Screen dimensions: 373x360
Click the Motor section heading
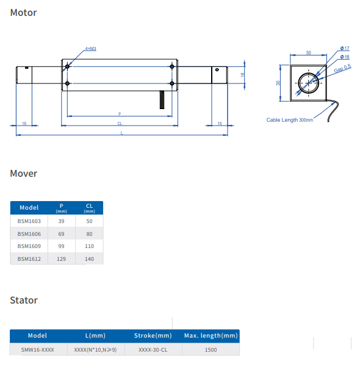(x=23, y=13)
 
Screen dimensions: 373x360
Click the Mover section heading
(x=24, y=174)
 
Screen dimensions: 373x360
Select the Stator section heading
(x=24, y=300)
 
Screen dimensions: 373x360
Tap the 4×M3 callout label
(x=90, y=48)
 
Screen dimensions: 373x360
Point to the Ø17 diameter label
(x=345, y=48)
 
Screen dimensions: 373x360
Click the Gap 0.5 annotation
(x=342, y=68)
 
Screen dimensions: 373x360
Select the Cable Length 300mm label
(x=289, y=120)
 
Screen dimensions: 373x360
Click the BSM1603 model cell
(x=29, y=221)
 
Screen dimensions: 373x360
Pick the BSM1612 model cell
(x=29, y=258)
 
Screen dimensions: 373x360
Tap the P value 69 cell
(x=61, y=233)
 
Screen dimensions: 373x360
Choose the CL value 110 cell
(x=89, y=246)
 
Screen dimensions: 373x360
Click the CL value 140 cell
(x=89, y=258)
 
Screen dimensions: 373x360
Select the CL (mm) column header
(x=89, y=208)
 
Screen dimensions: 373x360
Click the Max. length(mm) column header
(x=211, y=336)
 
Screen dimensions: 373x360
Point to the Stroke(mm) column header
(x=153, y=336)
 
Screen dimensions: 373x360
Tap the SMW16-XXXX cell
(x=37, y=350)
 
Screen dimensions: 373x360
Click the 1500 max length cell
(x=211, y=350)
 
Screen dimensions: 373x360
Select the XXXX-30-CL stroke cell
(x=153, y=350)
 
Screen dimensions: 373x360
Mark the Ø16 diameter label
(x=345, y=57)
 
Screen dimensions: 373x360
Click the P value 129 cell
(x=61, y=258)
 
